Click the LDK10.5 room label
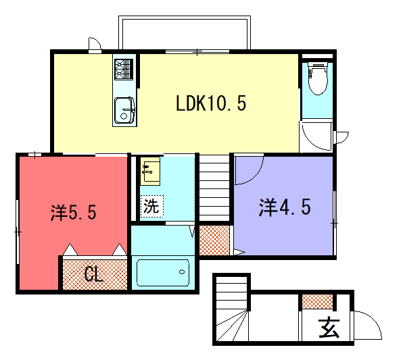click(211, 103)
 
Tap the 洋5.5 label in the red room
click(73, 213)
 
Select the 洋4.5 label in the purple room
click(285, 207)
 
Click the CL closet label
click(94, 274)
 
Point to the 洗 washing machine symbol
click(151, 206)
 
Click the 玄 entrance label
click(329, 328)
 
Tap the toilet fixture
click(318, 78)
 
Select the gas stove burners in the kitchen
click(124, 69)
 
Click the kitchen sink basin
click(124, 110)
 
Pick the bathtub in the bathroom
click(163, 272)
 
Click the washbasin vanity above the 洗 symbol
click(150, 171)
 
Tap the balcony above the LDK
click(185, 32)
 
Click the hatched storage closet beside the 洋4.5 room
click(214, 240)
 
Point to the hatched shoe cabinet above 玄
click(317, 301)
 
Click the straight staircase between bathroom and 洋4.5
click(214, 188)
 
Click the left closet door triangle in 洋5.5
click(70, 249)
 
